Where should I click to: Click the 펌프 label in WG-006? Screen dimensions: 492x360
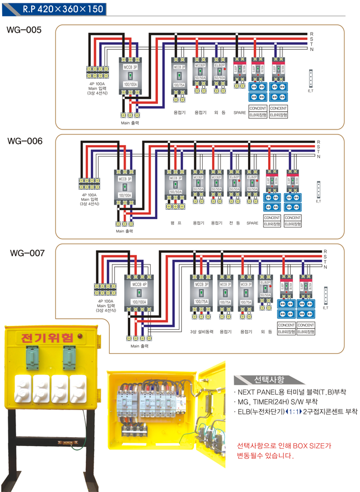coord(176,223)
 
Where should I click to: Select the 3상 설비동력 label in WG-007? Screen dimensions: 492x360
coord(200,332)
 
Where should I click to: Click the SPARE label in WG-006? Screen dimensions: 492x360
coord(252,223)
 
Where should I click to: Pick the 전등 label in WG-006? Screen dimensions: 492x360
coord(234,223)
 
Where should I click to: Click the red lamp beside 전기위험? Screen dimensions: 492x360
coord(81,336)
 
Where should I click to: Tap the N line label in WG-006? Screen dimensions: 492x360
coord(318,157)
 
